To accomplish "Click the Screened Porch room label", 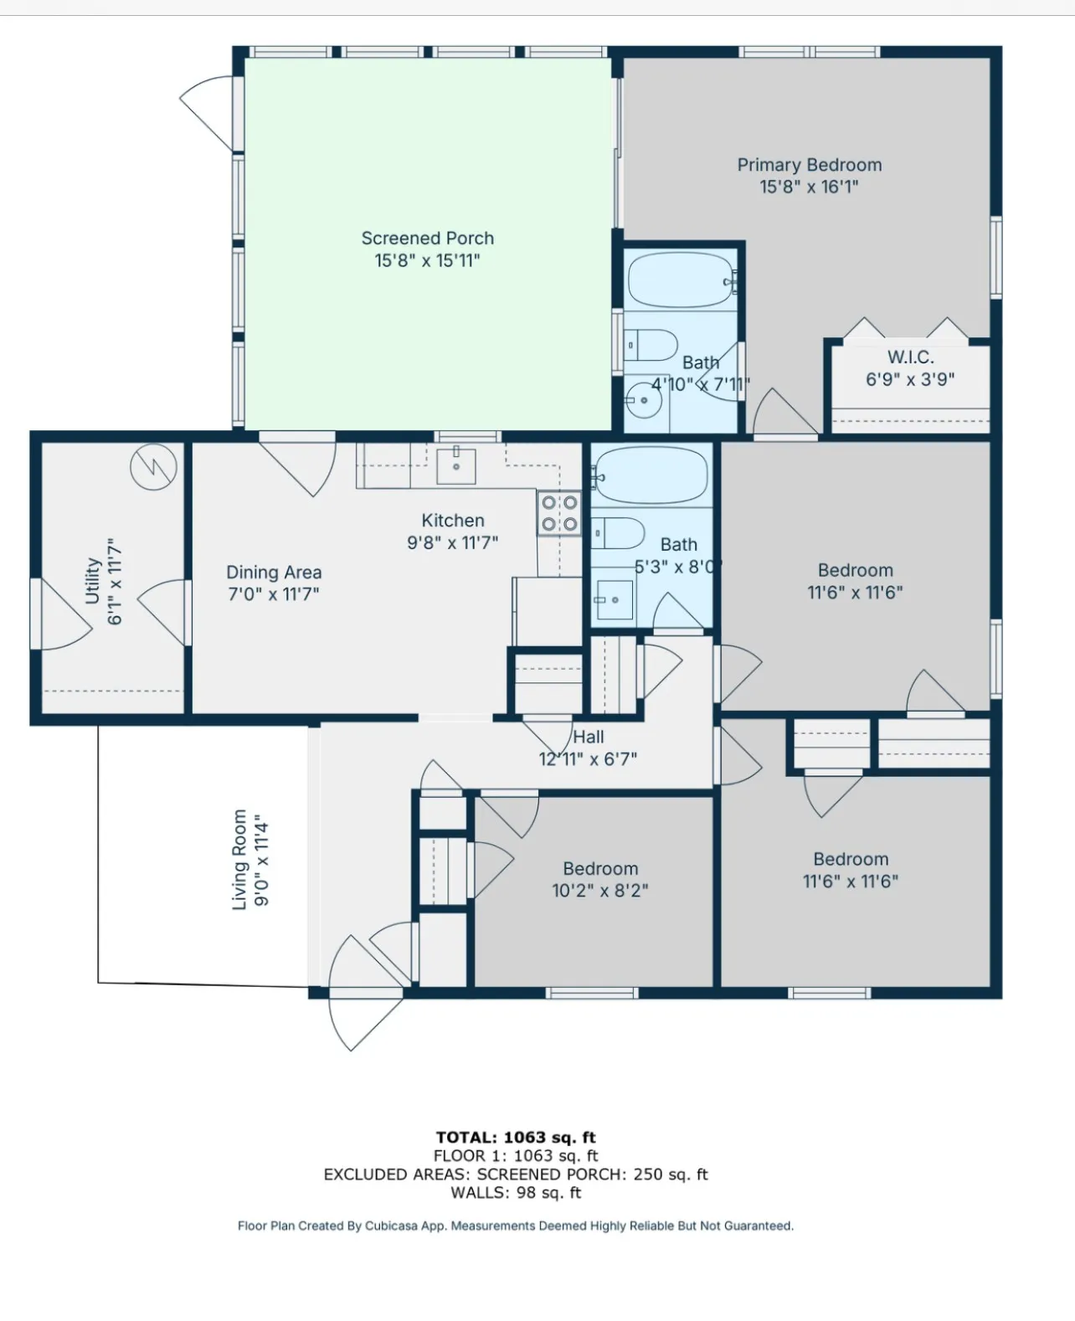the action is (427, 238).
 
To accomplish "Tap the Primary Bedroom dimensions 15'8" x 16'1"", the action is (809, 187).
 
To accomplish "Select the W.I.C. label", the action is (910, 357).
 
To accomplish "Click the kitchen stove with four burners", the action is (559, 513).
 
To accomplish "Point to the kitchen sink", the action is (456, 465).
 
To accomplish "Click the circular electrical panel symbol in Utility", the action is (153, 466).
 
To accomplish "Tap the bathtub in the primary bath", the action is (682, 280).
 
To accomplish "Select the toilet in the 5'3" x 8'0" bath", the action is (618, 533).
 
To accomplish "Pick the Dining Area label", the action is (274, 573).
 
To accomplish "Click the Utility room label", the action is (93, 580).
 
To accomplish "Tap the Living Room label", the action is (239, 860).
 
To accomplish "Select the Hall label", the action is (588, 737).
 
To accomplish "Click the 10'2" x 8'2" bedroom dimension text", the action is (599, 891).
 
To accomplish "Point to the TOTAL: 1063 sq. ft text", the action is (516, 1138).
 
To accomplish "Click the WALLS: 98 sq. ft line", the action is (516, 1193).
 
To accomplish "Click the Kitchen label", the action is (453, 521).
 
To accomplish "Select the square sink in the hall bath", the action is (615, 599).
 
